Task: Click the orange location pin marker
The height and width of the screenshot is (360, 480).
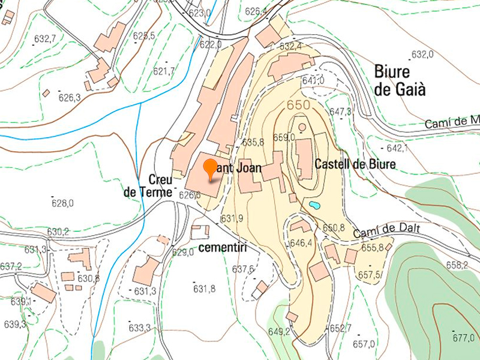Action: click(210, 169)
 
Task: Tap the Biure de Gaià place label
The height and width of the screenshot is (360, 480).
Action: click(400, 80)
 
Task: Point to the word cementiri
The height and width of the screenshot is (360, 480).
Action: click(223, 248)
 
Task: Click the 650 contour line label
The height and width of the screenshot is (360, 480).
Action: click(298, 105)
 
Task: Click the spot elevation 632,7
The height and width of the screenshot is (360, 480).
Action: click(45, 39)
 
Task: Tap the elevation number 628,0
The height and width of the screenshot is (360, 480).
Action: click(62, 203)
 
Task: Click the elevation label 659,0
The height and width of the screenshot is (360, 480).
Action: click(284, 137)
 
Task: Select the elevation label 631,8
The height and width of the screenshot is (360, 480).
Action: click(204, 289)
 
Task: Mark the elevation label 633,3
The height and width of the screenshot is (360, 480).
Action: click(139, 328)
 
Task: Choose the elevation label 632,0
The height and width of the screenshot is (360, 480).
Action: click(422, 55)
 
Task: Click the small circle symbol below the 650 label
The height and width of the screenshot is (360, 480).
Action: click(302, 127)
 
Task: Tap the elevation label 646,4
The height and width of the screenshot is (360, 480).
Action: click(301, 243)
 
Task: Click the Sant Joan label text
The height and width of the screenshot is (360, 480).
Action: click(238, 168)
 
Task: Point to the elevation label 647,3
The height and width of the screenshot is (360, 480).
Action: click(340, 112)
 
